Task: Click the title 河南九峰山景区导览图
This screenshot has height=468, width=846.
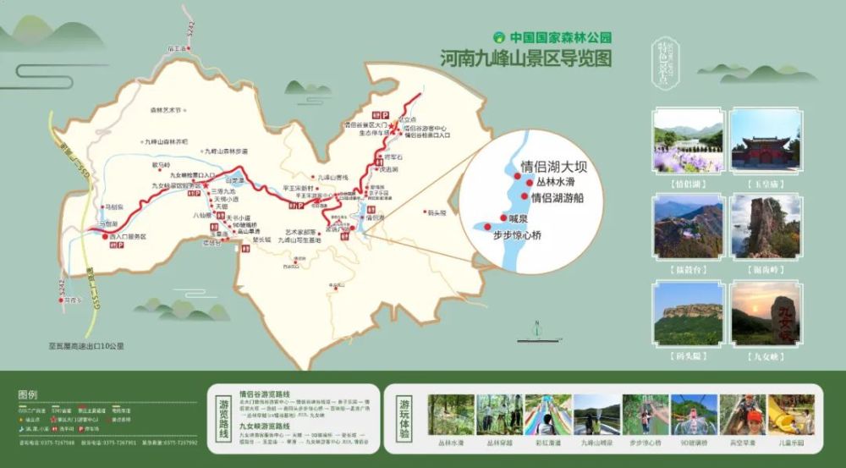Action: click(525, 58)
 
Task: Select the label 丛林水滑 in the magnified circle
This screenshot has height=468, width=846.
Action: click(554, 182)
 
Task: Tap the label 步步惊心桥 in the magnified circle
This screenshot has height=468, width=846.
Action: click(528, 236)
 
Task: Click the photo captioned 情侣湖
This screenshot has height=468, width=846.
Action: click(688, 140)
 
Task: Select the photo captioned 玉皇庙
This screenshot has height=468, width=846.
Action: click(766, 140)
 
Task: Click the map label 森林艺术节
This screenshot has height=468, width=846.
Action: click(167, 110)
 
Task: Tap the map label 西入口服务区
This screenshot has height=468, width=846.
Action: click(127, 237)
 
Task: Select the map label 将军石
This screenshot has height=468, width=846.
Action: click(392, 157)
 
